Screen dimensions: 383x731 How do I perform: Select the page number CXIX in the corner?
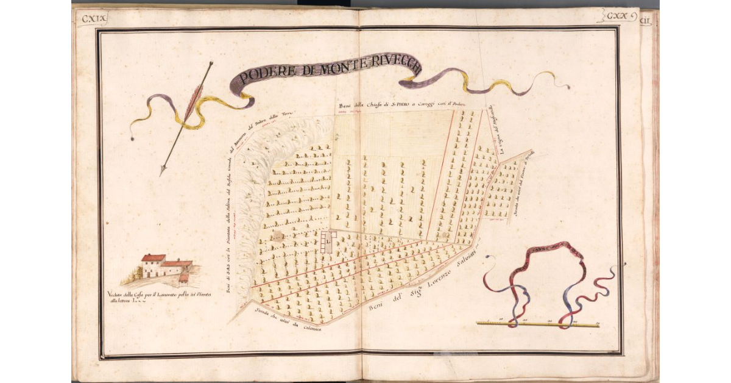[x=94, y=18]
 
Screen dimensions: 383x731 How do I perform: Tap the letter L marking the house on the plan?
[x=328, y=241]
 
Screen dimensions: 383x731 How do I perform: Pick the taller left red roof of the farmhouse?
[x=154, y=259]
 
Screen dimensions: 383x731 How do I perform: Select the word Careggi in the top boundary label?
[x=434, y=105]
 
